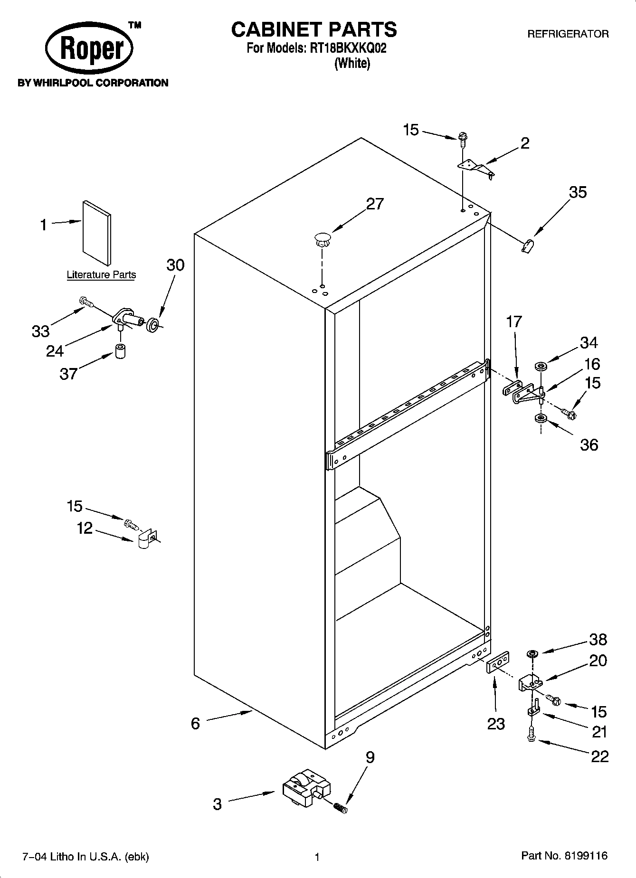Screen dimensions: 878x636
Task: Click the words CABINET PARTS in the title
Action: coord(313,29)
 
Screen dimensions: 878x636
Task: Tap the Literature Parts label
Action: coord(101,274)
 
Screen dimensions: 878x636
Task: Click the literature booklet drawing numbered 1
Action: coord(97,232)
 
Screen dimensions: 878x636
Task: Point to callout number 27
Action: coord(374,204)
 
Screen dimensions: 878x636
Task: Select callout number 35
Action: coord(578,192)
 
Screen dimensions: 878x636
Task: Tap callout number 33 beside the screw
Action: coord(41,331)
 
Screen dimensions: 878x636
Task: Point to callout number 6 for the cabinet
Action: coord(195,723)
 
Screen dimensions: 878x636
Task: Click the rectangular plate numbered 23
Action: coord(498,662)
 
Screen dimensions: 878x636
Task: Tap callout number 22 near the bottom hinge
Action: coord(599,756)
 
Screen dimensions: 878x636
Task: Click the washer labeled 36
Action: coord(540,418)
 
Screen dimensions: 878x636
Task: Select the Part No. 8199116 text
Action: coord(564,856)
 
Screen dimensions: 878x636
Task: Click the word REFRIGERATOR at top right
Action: coord(568,34)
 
